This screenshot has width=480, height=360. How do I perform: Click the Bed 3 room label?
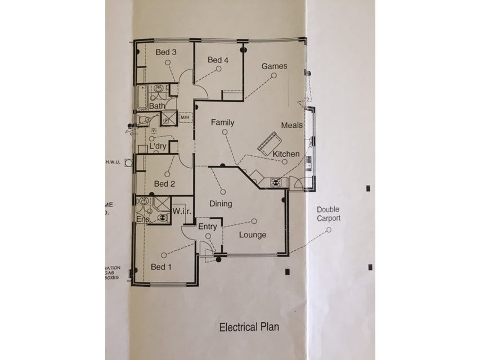(167, 52)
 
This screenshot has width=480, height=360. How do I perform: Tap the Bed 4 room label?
(218, 60)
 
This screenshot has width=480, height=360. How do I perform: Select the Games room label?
(274, 66)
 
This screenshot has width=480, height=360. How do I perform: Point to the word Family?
(222, 122)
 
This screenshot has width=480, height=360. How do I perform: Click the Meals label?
(293, 125)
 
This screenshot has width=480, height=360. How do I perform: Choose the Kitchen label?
(286, 154)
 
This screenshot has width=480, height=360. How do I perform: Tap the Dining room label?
(221, 204)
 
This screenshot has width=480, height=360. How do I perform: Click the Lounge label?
(253, 235)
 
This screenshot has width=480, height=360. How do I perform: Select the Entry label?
(208, 226)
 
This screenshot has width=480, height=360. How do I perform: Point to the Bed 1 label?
(162, 267)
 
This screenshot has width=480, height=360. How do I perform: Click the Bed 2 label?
(165, 183)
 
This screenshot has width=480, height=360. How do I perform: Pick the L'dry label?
(158, 146)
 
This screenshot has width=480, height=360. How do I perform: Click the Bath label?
(157, 105)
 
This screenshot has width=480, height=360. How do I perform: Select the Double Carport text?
(328, 213)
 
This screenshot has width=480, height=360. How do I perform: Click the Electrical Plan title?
(249, 326)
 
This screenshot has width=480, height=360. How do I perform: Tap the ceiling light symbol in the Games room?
(273, 75)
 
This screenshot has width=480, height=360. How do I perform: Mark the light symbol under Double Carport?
(329, 229)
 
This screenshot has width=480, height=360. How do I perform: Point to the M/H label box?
(186, 117)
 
